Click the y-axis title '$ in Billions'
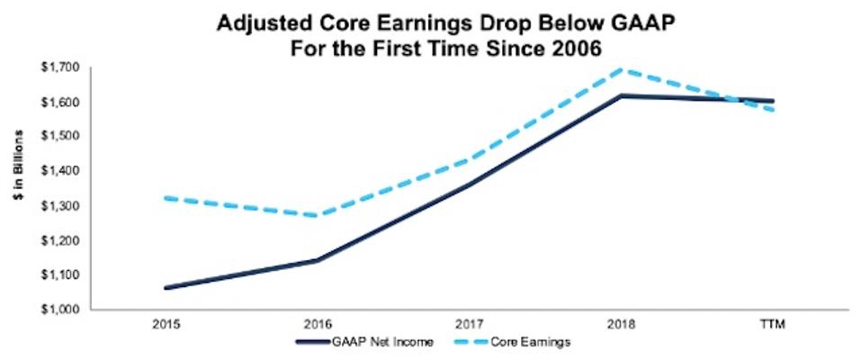pyautogui.click(x=20, y=187)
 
